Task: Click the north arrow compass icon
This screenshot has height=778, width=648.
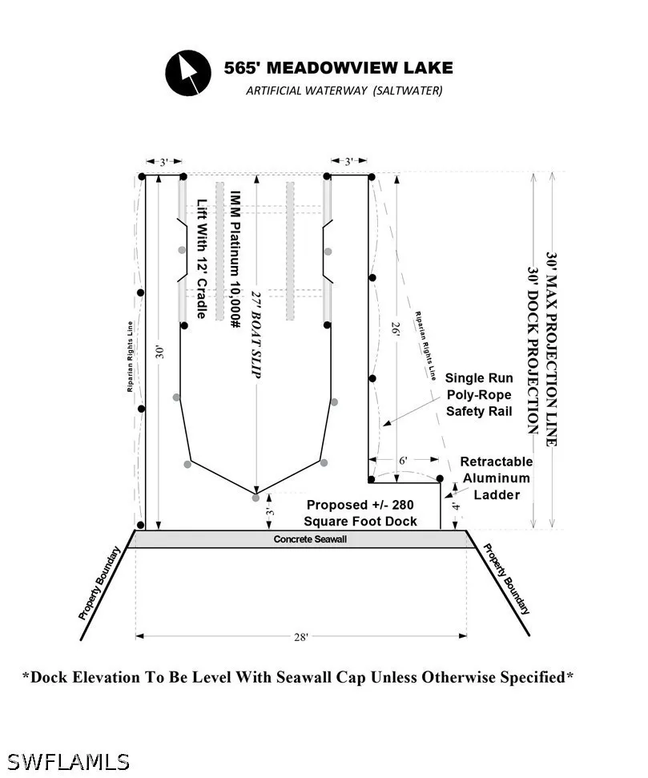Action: tap(188, 72)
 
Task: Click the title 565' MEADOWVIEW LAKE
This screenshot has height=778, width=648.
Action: tap(338, 68)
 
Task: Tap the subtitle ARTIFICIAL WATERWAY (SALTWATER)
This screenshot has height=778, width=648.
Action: tap(344, 91)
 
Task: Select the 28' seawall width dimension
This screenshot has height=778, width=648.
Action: tap(300, 637)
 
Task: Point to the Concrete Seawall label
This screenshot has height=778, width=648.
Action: tap(310, 539)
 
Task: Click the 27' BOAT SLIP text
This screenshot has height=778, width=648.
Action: tap(255, 334)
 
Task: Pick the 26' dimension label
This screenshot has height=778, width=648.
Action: tap(396, 329)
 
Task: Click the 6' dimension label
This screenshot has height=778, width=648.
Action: tap(404, 461)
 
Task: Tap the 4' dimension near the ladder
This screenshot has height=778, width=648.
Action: tap(456, 506)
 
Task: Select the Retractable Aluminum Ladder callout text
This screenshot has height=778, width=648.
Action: tap(497, 478)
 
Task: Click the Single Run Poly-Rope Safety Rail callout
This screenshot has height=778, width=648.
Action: tap(479, 395)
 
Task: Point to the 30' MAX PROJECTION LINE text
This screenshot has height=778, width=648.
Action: tap(552, 349)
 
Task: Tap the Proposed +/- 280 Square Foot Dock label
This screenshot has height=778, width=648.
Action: tap(360, 513)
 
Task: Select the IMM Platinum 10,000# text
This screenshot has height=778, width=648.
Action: tap(235, 260)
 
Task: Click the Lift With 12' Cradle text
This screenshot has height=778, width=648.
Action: tap(201, 259)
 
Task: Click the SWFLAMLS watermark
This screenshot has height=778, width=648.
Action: tap(68, 762)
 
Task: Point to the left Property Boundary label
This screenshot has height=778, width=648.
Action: tap(99, 583)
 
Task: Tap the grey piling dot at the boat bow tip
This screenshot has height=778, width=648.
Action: tap(256, 497)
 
